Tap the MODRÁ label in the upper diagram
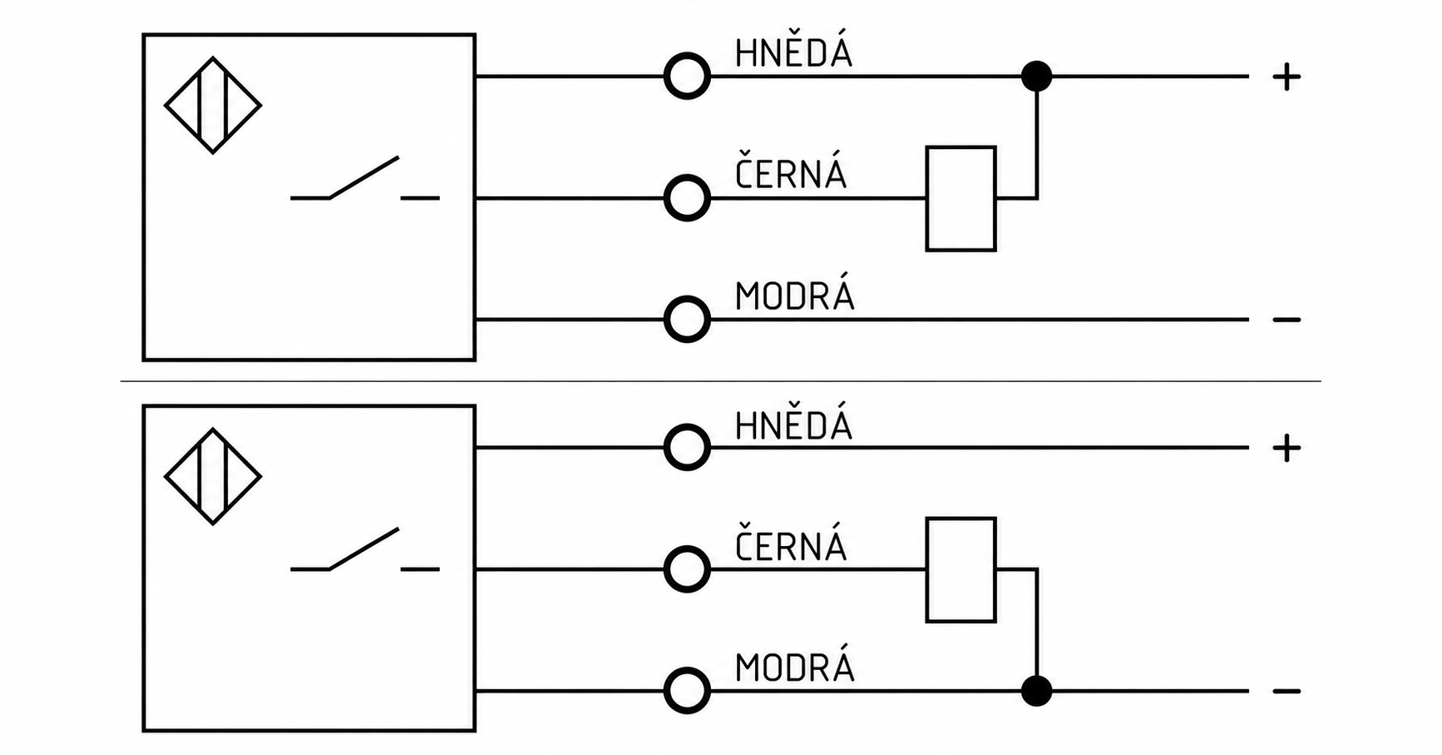tap(794, 296)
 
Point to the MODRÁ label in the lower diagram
tap(794, 668)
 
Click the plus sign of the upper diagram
tap(1286, 77)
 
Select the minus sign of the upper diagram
tap(1286, 320)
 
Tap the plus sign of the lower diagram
tap(1286, 449)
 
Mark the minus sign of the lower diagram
tap(1286, 691)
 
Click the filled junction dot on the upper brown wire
tap(1036, 77)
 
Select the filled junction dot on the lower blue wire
tap(1036, 691)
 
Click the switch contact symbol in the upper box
tap(364, 178)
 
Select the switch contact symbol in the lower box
tap(364, 549)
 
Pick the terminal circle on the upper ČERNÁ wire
tap(687, 176)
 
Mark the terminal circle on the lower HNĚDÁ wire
tap(687, 425)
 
